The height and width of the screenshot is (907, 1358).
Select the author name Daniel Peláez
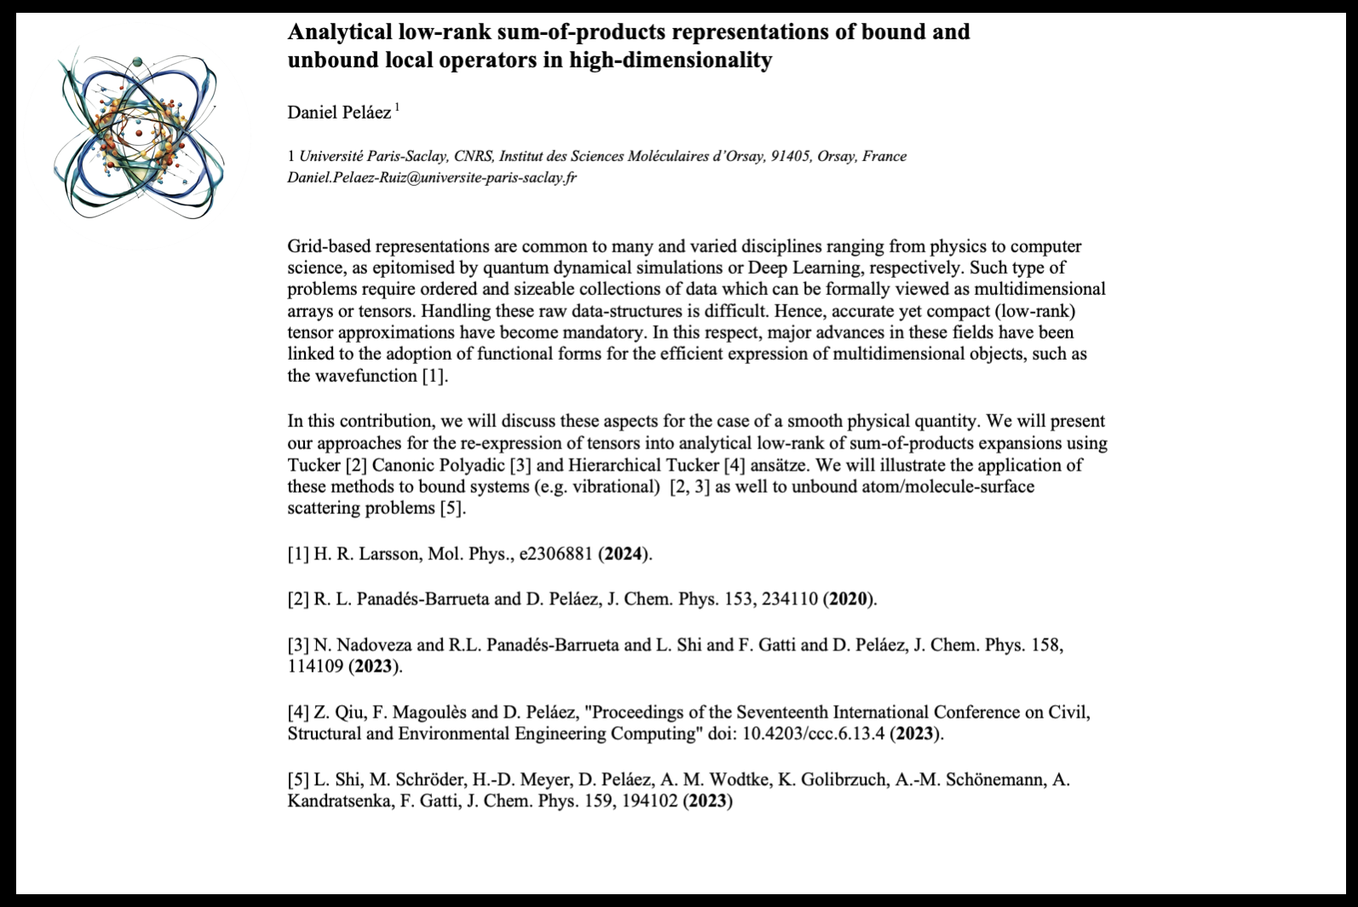click(339, 113)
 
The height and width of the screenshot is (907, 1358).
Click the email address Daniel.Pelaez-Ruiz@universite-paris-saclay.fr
click(432, 178)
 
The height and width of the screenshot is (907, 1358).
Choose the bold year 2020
click(849, 599)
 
